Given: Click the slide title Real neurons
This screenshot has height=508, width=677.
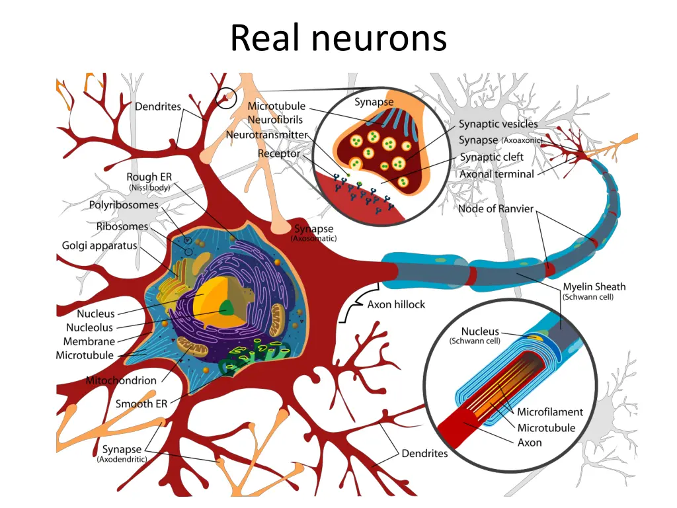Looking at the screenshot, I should click(338, 38).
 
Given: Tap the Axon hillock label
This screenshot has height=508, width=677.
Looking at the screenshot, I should click(396, 305).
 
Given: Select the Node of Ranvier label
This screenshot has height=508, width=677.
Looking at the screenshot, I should click(495, 209).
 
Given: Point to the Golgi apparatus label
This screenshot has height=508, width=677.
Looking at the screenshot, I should click(99, 245).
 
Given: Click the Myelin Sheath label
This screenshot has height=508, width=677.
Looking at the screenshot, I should click(594, 286).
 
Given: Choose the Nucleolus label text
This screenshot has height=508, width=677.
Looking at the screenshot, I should click(89, 327).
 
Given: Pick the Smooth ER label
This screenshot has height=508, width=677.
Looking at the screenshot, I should click(141, 403).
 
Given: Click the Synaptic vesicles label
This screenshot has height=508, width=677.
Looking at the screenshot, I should click(498, 124).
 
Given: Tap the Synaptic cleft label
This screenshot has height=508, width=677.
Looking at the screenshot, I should click(491, 157).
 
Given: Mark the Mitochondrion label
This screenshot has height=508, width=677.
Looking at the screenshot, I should click(121, 380).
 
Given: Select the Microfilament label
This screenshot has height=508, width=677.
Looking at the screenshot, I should click(550, 412).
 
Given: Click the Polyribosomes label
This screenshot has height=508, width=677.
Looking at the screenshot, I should click(124, 205).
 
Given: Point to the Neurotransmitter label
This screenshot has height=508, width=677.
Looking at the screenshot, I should click(266, 135).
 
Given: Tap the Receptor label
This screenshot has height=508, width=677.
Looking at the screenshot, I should click(278, 153).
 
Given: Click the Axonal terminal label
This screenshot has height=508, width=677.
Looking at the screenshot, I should click(497, 174).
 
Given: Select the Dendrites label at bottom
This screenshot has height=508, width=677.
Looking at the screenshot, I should click(424, 454).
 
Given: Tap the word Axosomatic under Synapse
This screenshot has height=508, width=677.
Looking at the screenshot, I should click(313, 239).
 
